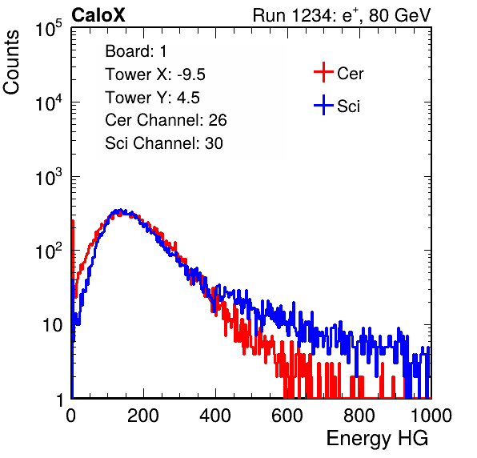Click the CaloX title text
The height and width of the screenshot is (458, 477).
click(98, 15)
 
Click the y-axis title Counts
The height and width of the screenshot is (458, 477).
click(11, 62)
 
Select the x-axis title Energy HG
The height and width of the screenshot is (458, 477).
click(377, 439)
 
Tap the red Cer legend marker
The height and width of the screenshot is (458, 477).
click(323, 72)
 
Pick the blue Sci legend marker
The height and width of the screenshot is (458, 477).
click(323, 105)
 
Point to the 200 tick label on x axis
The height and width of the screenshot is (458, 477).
click(142, 416)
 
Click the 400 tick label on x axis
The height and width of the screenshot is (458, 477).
click(215, 416)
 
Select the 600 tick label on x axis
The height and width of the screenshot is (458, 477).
click(287, 416)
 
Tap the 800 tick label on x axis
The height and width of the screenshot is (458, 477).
click(359, 416)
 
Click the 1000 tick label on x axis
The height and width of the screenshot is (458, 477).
click(431, 416)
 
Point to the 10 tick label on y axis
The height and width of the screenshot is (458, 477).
click(53, 325)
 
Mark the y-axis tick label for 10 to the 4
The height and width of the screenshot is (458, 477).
click(50, 102)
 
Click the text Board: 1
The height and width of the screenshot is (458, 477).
click(136, 51)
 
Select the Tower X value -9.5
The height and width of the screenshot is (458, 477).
click(191, 74)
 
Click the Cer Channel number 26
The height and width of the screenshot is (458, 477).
click(218, 120)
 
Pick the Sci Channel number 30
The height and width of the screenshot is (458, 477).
click(214, 143)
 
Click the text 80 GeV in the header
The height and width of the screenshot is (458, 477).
click(399, 15)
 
